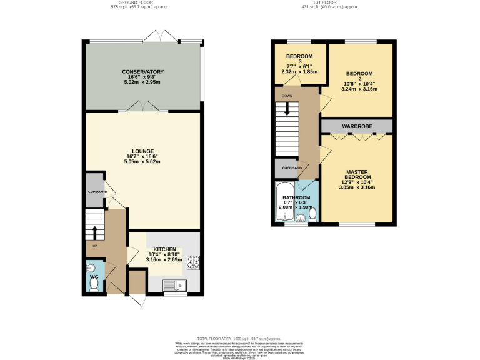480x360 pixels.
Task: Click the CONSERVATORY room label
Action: tap(143, 72)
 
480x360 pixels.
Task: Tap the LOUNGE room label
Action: tap(143, 151)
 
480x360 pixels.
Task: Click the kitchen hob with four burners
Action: tap(192, 263)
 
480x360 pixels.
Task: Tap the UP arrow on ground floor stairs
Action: tap(94, 232)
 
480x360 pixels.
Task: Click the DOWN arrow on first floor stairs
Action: tap(287, 108)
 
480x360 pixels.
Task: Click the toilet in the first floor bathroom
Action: tap(312, 214)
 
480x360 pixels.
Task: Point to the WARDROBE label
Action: tap(357, 127)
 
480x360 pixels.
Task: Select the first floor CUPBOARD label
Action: tap(292, 168)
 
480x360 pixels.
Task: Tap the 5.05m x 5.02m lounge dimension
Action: tap(143, 162)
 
